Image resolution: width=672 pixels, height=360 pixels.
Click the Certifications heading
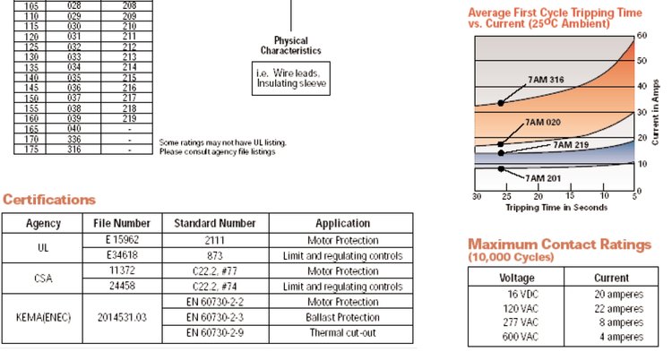tap(49, 199)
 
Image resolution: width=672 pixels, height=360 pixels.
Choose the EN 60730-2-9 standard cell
tap(214, 332)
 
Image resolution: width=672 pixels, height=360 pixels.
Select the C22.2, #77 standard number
tap(214, 270)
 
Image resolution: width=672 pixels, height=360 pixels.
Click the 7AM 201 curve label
tap(541, 178)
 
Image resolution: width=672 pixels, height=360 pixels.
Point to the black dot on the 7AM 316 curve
tap(501, 103)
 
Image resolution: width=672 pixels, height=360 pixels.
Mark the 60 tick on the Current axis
tap(642, 35)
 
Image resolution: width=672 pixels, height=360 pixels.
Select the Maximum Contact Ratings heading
tap(559, 244)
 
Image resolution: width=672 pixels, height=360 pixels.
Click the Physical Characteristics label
tap(289, 46)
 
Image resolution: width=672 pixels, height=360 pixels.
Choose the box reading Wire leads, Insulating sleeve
tap(289, 78)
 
